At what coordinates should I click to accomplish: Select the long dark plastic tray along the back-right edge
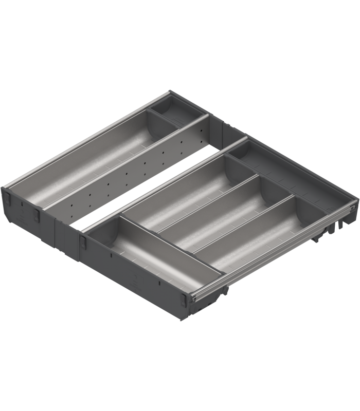click(x=288, y=175)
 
